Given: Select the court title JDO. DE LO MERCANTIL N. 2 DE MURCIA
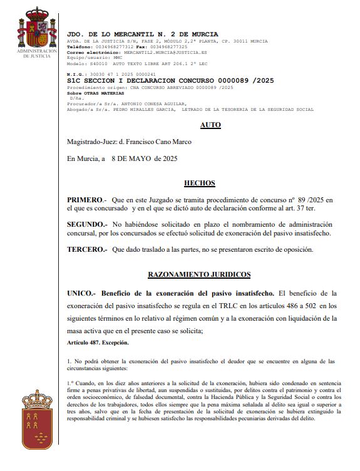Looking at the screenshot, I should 143,33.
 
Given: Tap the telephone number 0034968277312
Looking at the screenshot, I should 111,47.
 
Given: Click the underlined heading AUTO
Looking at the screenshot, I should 210,125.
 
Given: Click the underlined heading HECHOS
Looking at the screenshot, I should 199,184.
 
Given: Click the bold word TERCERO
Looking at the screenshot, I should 86,249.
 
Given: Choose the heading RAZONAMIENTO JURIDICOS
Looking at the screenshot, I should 199,274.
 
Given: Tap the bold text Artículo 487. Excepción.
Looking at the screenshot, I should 98,343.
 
